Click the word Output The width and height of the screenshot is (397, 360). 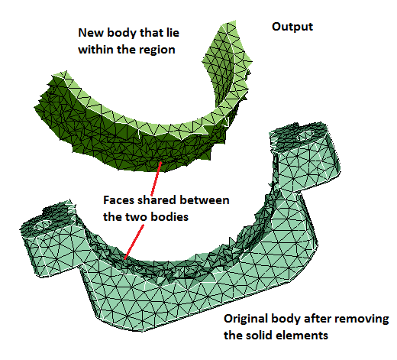(292, 27)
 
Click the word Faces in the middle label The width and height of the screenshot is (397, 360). (119, 200)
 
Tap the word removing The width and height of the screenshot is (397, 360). (366, 319)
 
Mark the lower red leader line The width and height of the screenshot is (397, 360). (134, 242)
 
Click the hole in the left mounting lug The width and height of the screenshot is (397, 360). (43, 225)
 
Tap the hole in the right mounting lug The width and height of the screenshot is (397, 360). (305, 135)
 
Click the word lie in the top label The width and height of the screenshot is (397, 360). (173, 33)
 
